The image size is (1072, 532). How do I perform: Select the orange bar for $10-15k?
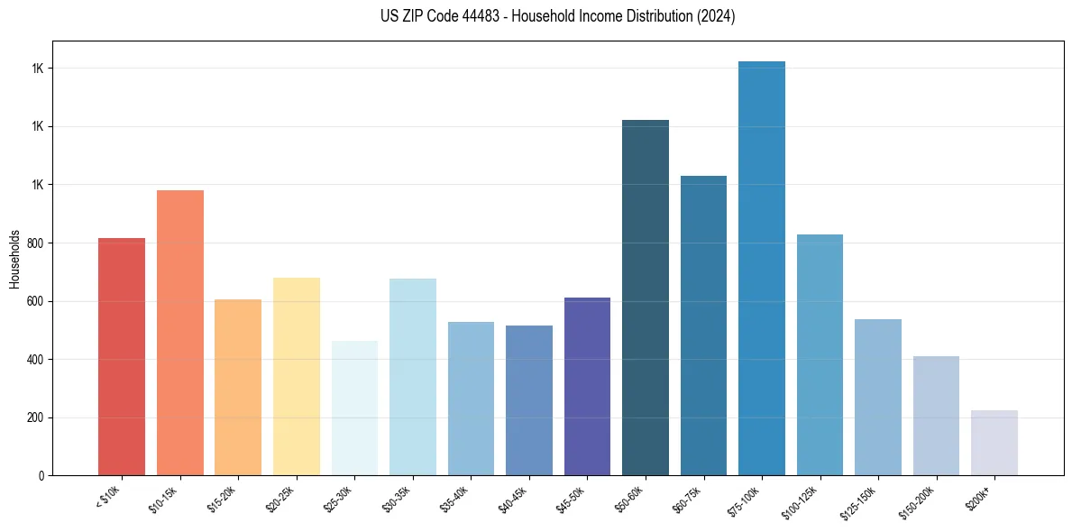[179, 333]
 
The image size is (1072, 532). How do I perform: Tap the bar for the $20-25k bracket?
[296, 376]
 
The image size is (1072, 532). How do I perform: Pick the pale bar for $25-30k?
[354, 408]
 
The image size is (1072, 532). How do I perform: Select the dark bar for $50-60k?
[646, 298]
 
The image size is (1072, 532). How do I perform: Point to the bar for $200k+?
[994, 443]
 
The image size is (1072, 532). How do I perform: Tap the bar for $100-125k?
[820, 354]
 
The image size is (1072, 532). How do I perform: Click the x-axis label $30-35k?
[398, 498]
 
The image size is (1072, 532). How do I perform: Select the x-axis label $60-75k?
[689, 498]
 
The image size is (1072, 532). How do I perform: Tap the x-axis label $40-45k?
[514, 498]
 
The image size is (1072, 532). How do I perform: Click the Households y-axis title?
[15, 258]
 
